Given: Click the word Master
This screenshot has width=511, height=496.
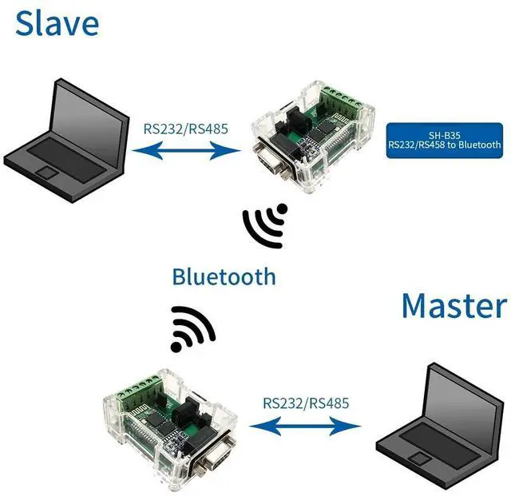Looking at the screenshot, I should click(x=453, y=306).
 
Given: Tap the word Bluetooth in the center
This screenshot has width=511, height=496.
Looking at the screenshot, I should click(x=224, y=276).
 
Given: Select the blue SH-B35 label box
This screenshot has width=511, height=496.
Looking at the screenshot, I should click(x=444, y=140).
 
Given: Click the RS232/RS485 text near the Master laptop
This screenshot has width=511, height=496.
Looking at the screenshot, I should click(x=306, y=403).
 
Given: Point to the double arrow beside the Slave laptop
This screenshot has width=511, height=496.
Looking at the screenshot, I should click(x=186, y=149).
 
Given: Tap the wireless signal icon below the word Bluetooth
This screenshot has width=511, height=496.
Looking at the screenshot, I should click(x=192, y=329).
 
